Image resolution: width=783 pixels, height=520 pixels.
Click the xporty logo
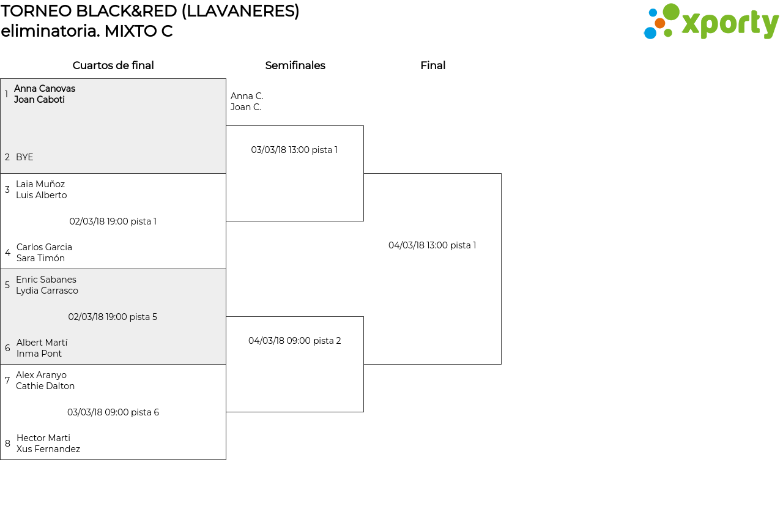tap(711, 21)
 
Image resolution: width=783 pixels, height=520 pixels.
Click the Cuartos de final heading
tap(113, 65)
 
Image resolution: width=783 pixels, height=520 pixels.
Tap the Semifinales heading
tap(295, 65)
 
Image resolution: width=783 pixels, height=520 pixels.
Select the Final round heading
tap(432, 65)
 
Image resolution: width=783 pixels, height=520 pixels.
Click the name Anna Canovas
tap(45, 89)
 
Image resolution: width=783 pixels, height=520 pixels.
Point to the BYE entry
tap(24, 157)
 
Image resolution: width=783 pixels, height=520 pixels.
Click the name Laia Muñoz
tap(40, 184)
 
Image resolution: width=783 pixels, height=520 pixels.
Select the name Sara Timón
tap(40, 258)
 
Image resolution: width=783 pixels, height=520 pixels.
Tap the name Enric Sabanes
tap(46, 279)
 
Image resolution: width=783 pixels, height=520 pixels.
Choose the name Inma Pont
tap(39, 354)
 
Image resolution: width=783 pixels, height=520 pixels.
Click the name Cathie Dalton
tap(45, 386)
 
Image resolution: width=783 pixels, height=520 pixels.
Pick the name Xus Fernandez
tap(48, 448)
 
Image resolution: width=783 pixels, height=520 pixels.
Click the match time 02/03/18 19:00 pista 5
tap(113, 317)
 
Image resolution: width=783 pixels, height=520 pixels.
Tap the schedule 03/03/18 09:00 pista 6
tap(113, 412)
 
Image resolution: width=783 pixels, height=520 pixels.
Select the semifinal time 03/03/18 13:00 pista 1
tap(294, 149)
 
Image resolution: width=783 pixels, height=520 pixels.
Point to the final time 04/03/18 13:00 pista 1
tap(432, 245)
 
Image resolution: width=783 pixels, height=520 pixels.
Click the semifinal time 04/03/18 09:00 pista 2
tap(294, 340)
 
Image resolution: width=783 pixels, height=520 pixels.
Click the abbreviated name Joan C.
tap(246, 107)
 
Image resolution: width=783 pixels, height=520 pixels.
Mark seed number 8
tap(7, 443)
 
